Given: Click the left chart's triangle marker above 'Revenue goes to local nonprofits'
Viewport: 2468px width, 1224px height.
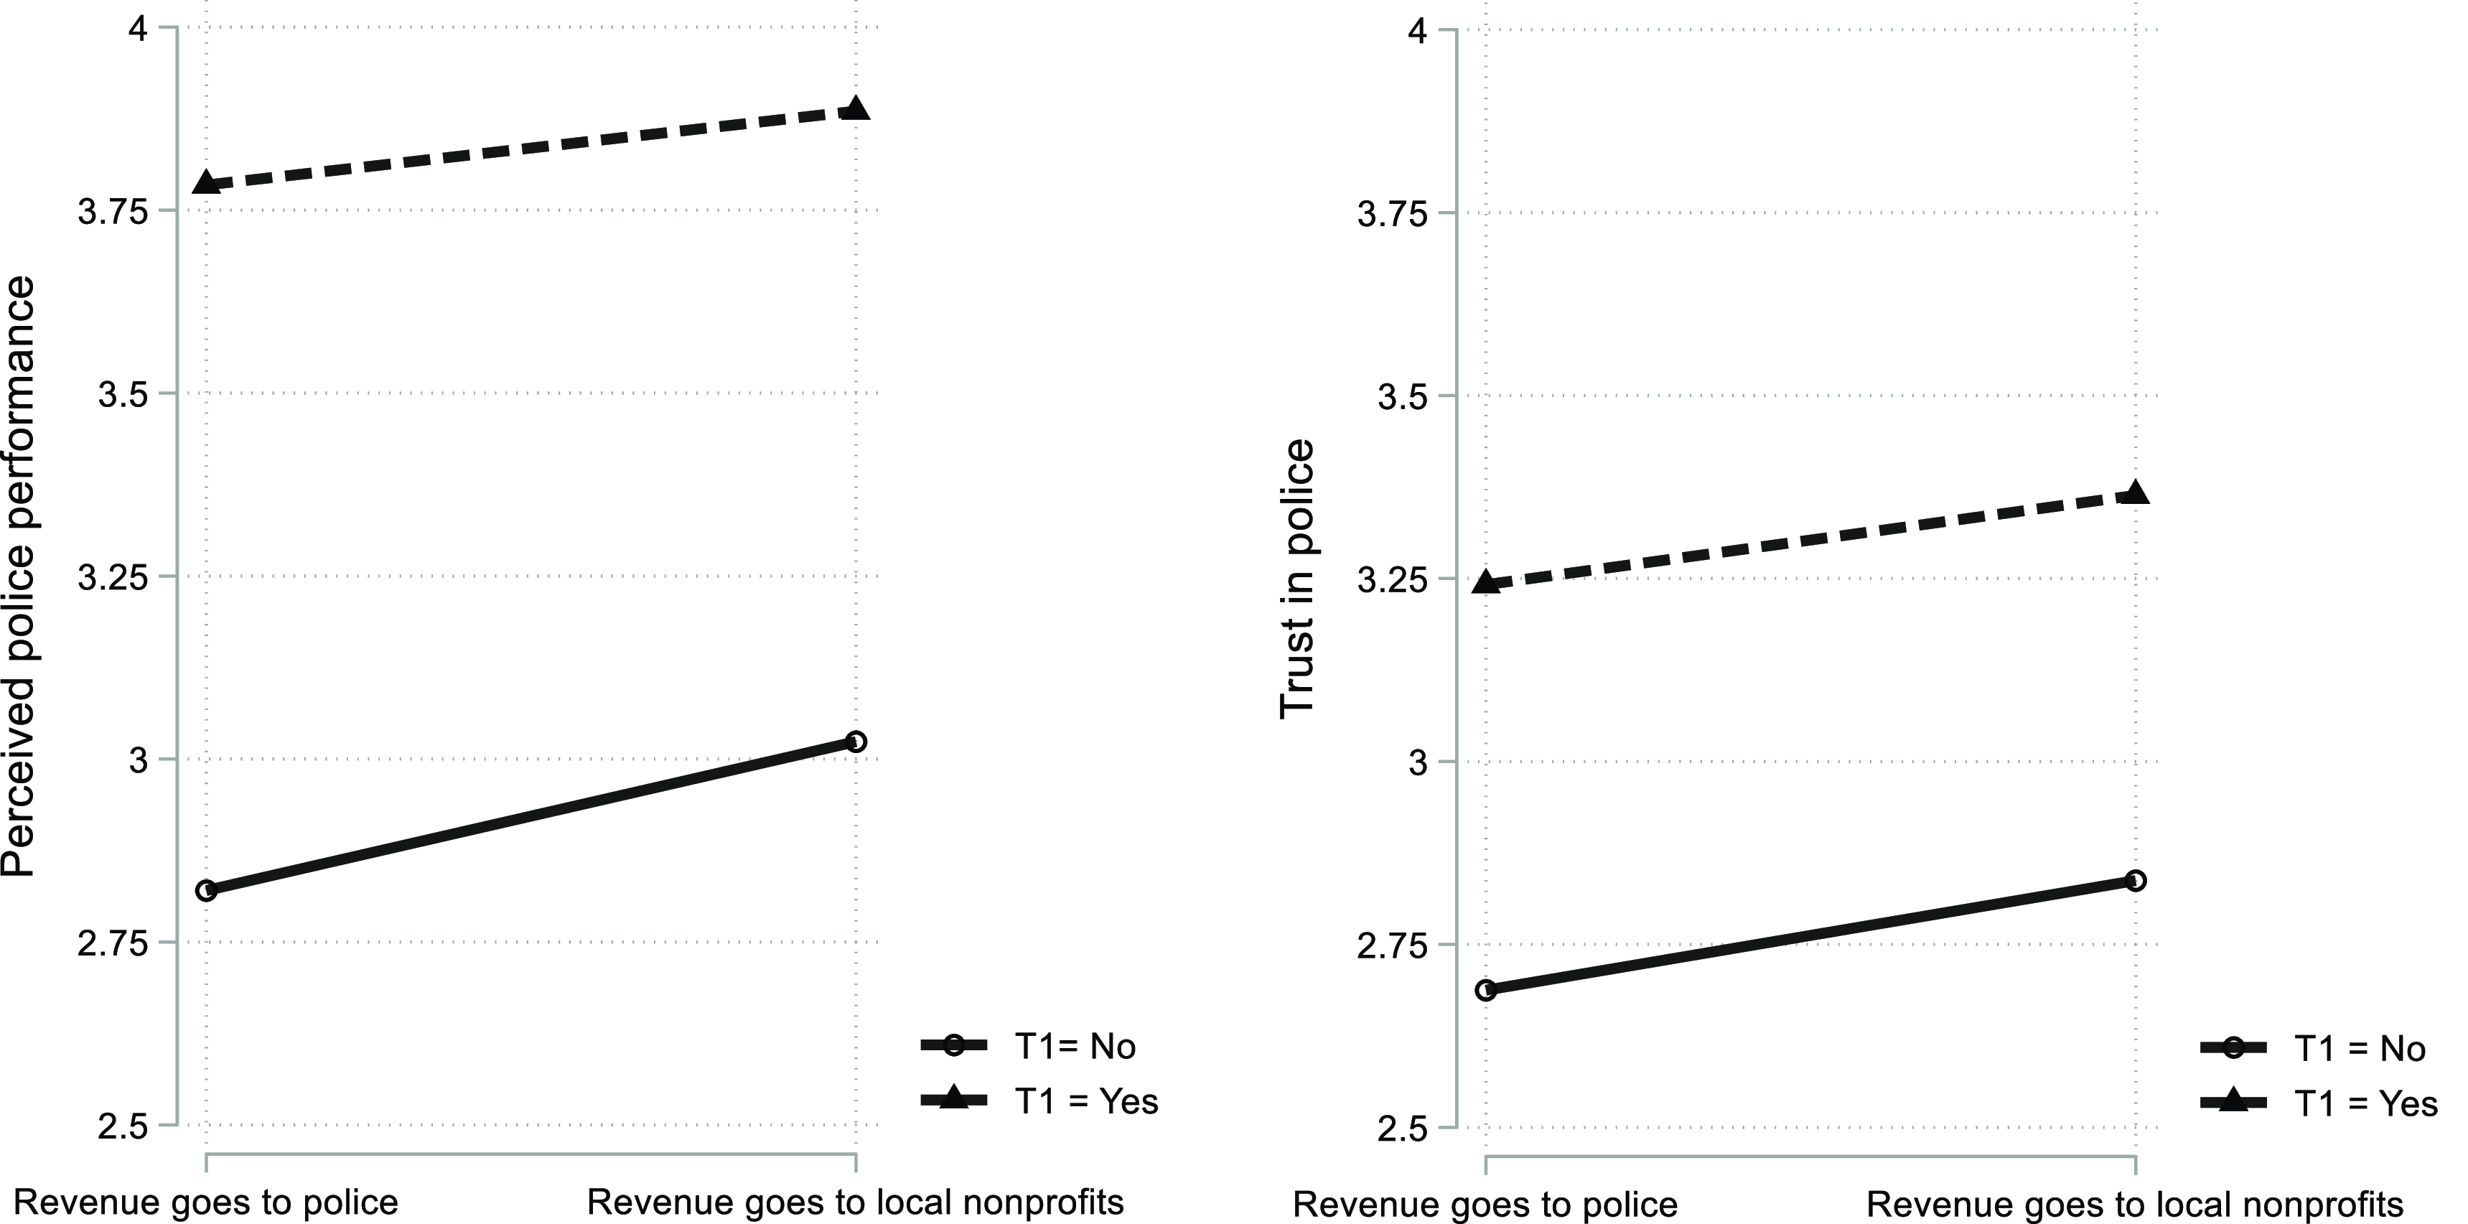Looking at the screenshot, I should [x=856, y=108].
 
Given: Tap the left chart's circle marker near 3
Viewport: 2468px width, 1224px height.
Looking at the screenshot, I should [x=856, y=742].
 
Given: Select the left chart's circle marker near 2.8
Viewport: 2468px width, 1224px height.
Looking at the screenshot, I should [x=206, y=889].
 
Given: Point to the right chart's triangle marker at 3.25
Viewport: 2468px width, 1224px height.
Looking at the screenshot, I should [x=1486, y=582].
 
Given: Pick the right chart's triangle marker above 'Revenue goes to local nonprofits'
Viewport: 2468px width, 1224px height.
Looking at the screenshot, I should [x=2136, y=494].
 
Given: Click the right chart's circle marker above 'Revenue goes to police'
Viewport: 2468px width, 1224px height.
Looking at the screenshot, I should [x=1486, y=989].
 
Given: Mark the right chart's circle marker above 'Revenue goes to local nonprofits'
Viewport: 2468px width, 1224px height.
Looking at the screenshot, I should [x=2136, y=880].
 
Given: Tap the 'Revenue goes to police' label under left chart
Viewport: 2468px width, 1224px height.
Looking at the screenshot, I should [x=206, y=1202].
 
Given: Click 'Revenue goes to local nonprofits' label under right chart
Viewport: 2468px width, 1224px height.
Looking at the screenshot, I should [x=2136, y=1204].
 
